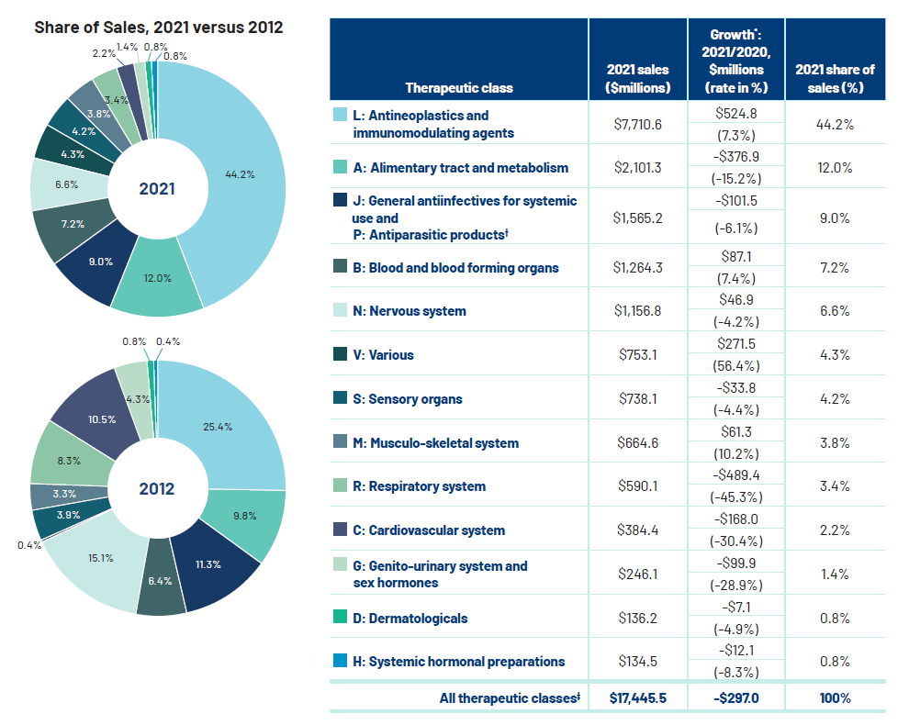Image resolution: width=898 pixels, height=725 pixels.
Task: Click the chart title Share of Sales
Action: click(158, 27)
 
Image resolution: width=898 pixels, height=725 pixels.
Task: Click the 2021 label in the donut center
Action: click(157, 190)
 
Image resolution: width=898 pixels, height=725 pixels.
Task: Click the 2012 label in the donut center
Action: click(157, 488)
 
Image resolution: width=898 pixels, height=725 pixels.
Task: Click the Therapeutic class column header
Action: click(459, 88)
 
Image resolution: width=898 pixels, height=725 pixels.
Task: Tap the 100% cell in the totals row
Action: click(835, 698)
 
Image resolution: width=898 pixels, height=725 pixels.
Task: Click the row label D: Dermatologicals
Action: click(410, 619)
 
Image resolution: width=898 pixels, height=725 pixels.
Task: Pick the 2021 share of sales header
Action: click(835, 79)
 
